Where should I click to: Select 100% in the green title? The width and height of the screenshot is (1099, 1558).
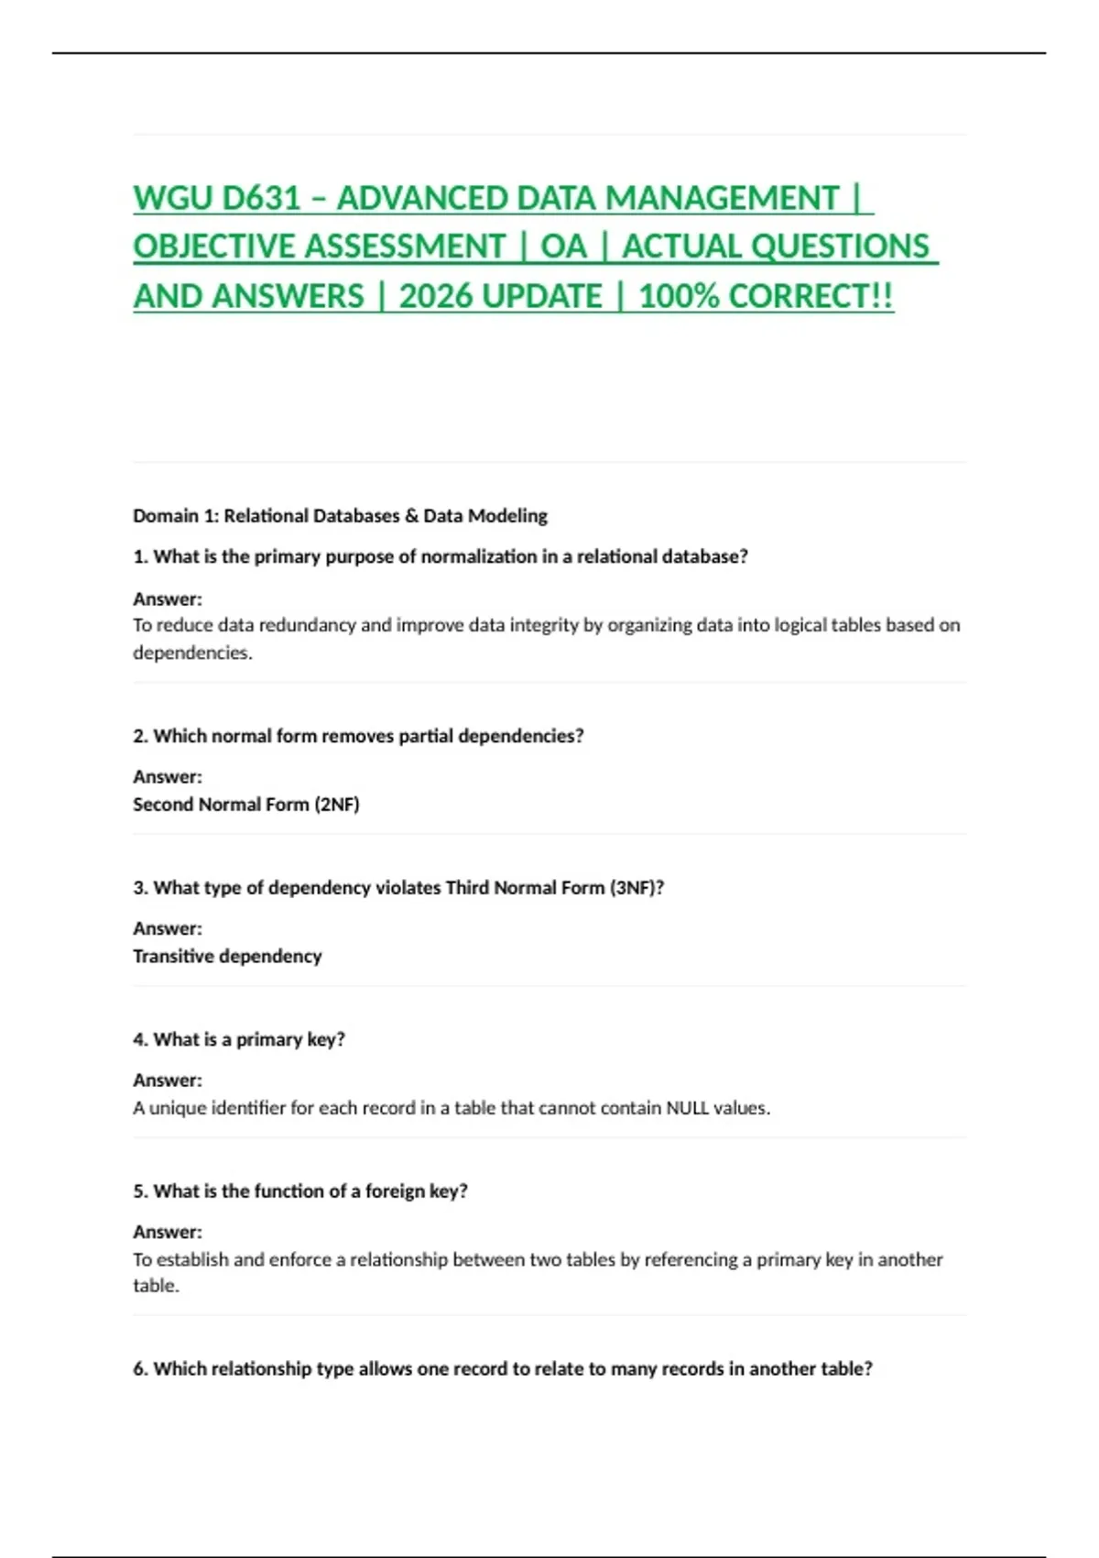(x=678, y=297)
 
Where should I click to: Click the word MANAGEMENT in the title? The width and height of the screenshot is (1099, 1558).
(x=722, y=199)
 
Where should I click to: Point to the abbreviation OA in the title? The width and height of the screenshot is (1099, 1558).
(x=563, y=247)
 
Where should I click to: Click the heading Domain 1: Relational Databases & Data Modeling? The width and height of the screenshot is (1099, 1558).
(x=340, y=516)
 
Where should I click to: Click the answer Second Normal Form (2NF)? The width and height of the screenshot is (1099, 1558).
(x=245, y=805)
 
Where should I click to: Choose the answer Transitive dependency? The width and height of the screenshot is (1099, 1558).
(x=227, y=957)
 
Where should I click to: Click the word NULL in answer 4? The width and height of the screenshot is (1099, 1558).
(x=687, y=1108)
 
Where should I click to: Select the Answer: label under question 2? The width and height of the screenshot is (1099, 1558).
(x=168, y=777)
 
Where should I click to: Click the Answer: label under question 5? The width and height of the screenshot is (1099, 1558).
(x=168, y=1233)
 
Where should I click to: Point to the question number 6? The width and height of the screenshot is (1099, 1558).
(x=140, y=1369)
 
